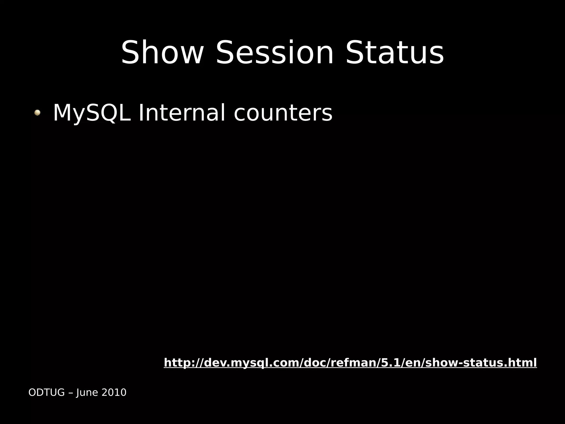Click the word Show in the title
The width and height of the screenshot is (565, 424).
[x=162, y=53]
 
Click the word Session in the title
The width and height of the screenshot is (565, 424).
[x=274, y=53]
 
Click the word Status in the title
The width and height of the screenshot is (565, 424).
[x=395, y=53]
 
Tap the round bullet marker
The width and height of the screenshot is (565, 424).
[x=37, y=113]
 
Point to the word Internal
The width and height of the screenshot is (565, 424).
[x=182, y=113]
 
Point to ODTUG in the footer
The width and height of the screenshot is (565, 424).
[x=46, y=392]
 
